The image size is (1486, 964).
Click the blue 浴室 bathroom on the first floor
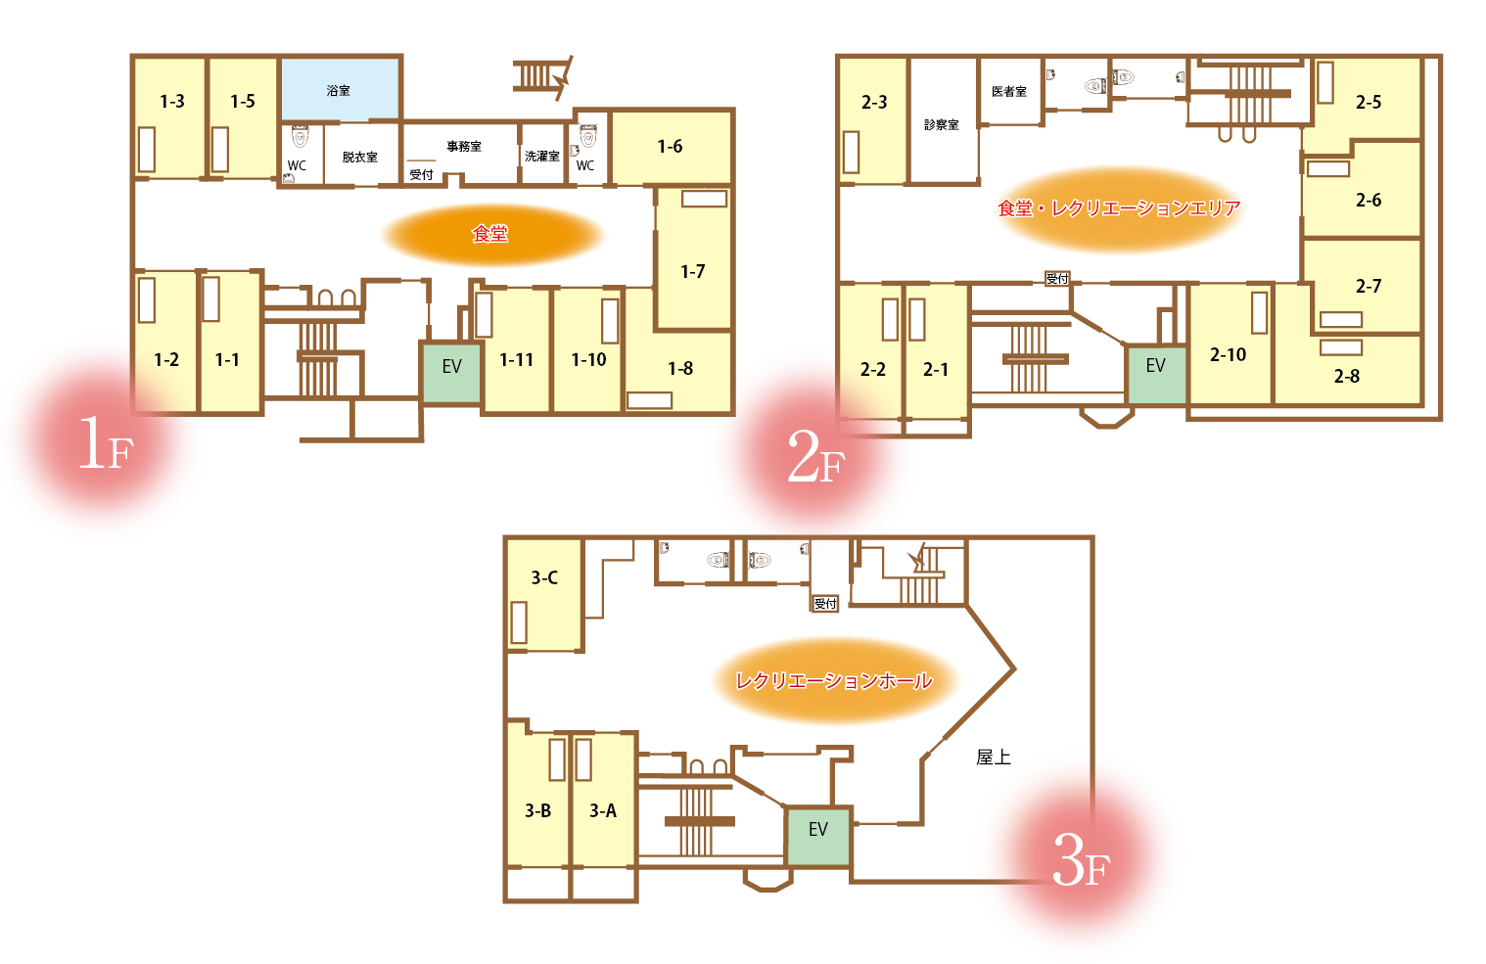click(x=341, y=89)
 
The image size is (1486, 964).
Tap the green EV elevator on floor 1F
click(x=451, y=372)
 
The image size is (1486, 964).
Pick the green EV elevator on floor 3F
click(x=818, y=836)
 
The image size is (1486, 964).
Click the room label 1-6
click(x=670, y=146)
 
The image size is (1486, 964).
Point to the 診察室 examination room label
click(x=942, y=124)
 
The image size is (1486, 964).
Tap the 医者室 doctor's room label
click(x=1009, y=91)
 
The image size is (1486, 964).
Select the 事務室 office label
click(x=464, y=146)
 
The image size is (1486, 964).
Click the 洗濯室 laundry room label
click(x=542, y=156)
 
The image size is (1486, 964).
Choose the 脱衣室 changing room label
click(x=359, y=157)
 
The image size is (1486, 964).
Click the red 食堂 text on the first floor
click(x=489, y=234)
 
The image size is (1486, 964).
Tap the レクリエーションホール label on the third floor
click(x=834, y=681)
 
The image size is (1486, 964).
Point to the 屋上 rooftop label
click(x=993, y=757)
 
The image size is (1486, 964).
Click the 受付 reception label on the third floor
click(x=825, y=603)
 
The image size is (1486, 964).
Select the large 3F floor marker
click(x=1081, y=860)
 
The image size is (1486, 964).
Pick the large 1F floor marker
click(x=106, y=443)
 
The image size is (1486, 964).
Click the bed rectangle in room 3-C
click(x=519, y=622)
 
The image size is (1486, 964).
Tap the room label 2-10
click(x=1228, y=355)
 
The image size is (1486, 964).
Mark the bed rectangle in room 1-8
click(x=649, y=400)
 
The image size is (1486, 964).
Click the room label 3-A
click(x=603, y=810)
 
